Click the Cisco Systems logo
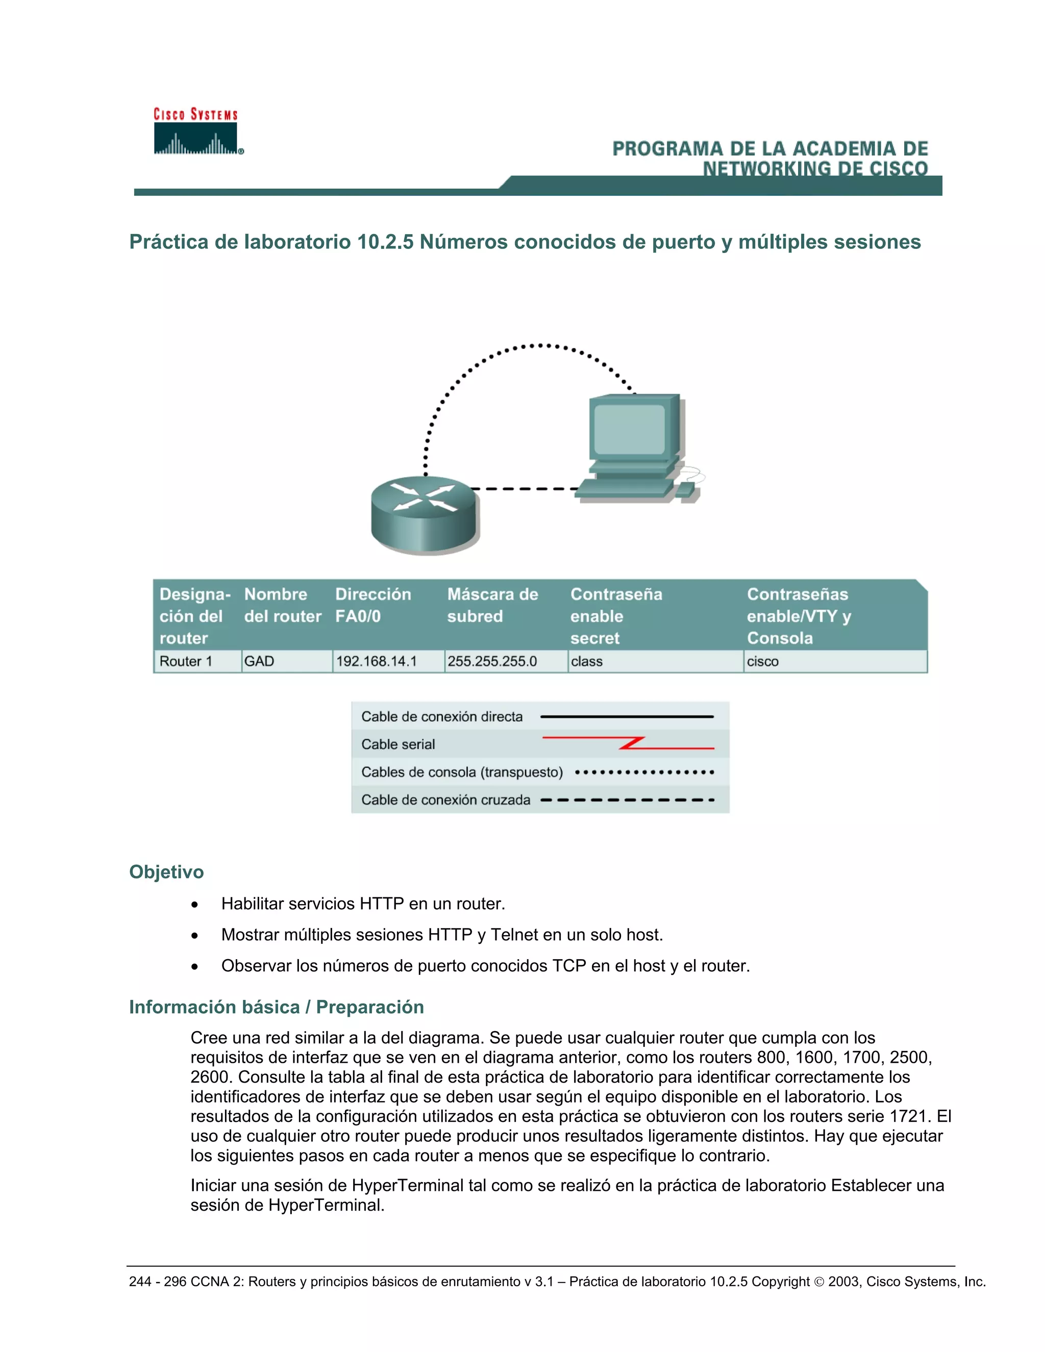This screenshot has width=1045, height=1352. (x=196, y=132)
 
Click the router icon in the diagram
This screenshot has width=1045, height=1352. (x=425, y=514)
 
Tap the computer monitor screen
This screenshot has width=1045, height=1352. (x=629, y=429)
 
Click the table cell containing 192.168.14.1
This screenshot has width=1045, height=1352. (x=377, y=661)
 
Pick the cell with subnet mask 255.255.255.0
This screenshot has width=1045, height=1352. (x=492, y=661)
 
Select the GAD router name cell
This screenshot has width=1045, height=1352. (x=259, y=661)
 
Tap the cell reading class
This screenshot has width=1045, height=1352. (x=587, y=661)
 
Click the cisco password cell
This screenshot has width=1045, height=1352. (x=763, y=661)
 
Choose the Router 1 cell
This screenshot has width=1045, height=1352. (x=186, y=661)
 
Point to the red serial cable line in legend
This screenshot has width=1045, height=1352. (x=628, y=743)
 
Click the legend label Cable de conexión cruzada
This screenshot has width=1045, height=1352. (x=446, y=800)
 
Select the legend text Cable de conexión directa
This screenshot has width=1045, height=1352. (x=442, y=716)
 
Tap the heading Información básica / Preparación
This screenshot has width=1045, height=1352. (x=276, y=1007)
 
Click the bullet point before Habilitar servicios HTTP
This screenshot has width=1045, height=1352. (x=195, y=905)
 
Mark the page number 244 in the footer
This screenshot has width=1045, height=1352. (x=140, y=1282)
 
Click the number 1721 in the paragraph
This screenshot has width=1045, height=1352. (x=910, y=1116)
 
